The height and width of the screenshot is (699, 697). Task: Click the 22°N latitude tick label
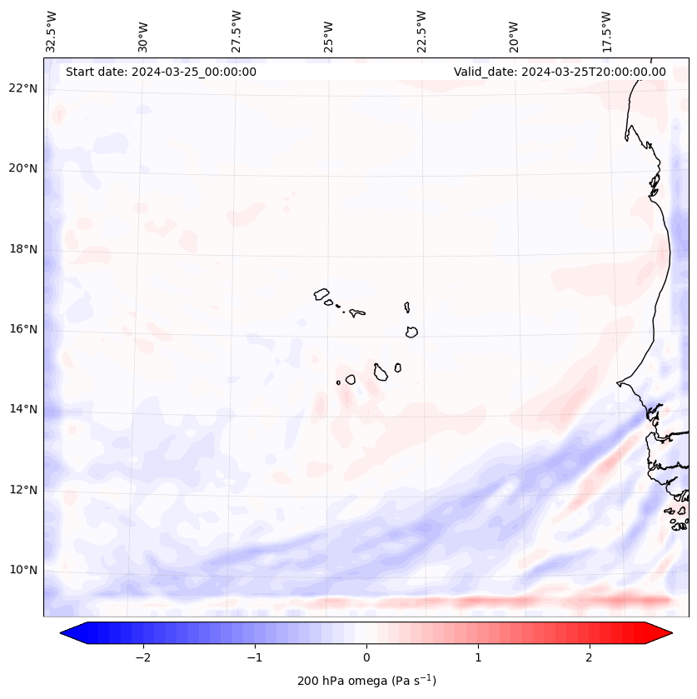[22, 88]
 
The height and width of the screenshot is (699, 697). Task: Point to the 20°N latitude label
[22, 168]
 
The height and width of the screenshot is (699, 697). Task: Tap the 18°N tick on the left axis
[22, 249]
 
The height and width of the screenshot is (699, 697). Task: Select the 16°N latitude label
[22, 329]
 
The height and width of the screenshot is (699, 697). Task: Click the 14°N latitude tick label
[22, 409]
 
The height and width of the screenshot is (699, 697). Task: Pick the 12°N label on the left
[22, 490]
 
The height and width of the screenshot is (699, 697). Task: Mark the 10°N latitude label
[22, 570]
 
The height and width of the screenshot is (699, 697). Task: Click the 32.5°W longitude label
[52, 31]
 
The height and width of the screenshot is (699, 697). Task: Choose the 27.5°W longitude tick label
[236, 31]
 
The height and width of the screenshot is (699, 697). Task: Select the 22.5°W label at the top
[421, 31]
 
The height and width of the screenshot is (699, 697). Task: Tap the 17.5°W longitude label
[606, 31]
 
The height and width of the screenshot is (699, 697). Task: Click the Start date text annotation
[161, 72]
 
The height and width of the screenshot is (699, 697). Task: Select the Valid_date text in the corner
[560, 72]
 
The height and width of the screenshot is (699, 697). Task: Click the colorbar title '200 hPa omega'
[366, 681]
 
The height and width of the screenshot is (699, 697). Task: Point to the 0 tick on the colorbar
[366, 657]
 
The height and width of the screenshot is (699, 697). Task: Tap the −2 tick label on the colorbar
[142, 657]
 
